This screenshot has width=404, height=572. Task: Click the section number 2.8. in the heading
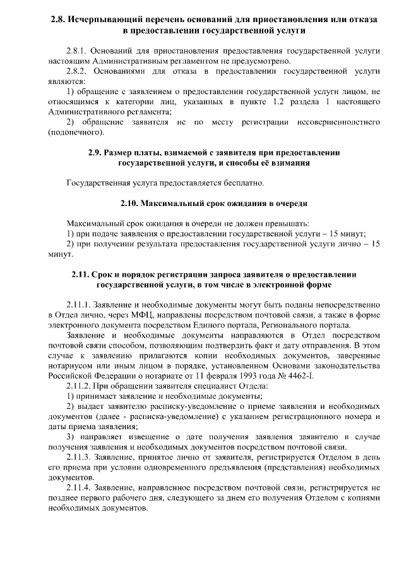click(x=58, y=20)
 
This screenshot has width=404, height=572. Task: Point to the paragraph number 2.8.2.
click(x=78, y=71)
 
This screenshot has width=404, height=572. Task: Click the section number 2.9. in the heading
click(x=95, y=152)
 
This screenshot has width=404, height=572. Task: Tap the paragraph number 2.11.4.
click(x=80, y=487)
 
